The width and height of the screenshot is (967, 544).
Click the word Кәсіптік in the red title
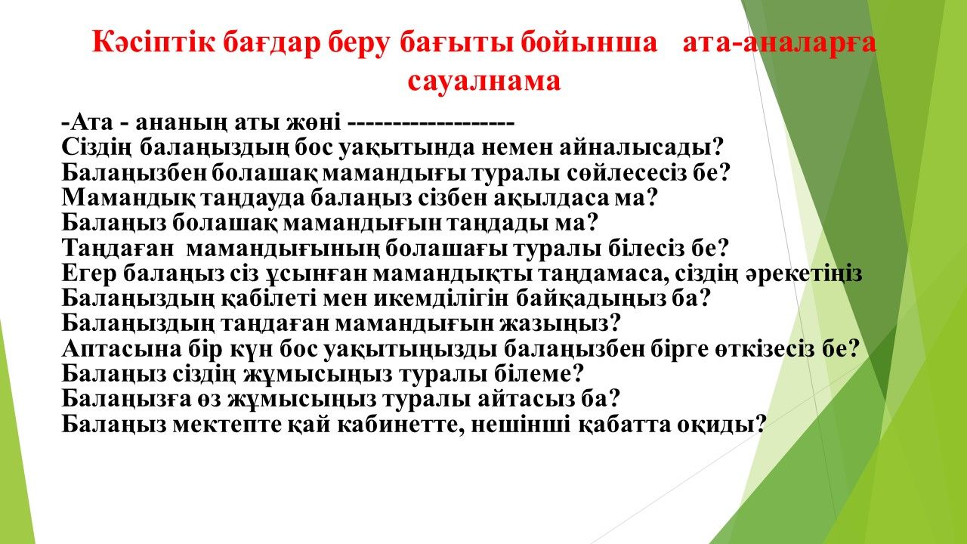(x=153, y=43)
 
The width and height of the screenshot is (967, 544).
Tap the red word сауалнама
(x=484, y=81)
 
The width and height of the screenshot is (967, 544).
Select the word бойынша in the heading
(x=589, y=43)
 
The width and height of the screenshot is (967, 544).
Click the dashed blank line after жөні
(x=431, y=123)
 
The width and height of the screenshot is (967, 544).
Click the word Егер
(x=89, y=274)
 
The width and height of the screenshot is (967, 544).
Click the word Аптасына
(x=122, y=349)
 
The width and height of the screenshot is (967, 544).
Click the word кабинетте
(x=400, y=425)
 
